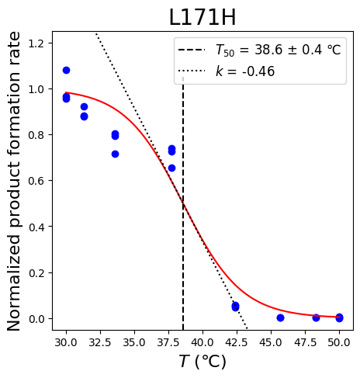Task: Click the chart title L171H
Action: pyautogui.click(x=202, y=17)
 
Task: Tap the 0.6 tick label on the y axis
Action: pyautogui.click(x=36, y=181)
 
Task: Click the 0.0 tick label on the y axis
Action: pyautogui.click(x=36, y=319)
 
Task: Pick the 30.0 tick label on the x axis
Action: pyautogui.click(x=66, y=342)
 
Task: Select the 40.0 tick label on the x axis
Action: pyautogui.click(x=202, y=342)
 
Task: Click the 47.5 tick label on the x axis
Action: pyautogui.click(x=305, y=342)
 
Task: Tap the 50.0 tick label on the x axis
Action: pyautogui.click(x=339, y=342)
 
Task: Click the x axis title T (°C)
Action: pyautogui.click(x=202, y=361)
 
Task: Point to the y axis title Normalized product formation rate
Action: pyautogui.click(x=13, y=181)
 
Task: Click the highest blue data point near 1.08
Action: pyautogui.click(x=66, y=70)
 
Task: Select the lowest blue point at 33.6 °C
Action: pyautogui.click(x=115, y=154)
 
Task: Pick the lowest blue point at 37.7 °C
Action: pyautogui.click(x=171, y=168)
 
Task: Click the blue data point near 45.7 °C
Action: pyautogui.click(x=280, y=317)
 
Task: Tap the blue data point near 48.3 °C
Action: pyautogui.click(x=316, y=317)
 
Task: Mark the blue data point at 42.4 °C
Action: pyautogui.click(x=235, y=307)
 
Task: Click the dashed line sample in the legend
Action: pyautogui.click(x=192, y=50)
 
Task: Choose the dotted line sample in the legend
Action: pyautogui.click(x=192, y=71)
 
